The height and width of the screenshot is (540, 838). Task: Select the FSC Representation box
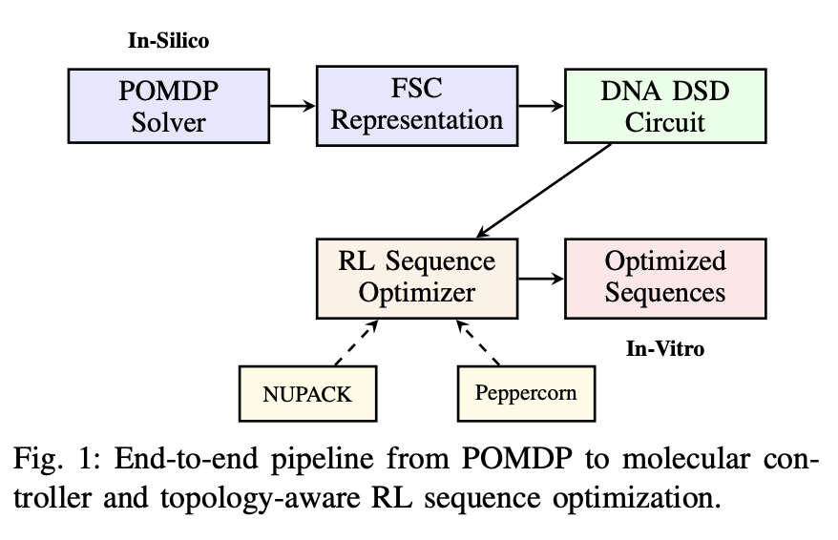[x=416, y=105]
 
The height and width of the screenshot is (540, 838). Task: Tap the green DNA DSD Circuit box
[x=666, y=105]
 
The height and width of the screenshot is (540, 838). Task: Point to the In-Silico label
[x=168, y=41]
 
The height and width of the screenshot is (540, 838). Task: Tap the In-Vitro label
[x=665, y=349]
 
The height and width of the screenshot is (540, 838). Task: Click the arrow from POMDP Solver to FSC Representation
[x=292, y=105]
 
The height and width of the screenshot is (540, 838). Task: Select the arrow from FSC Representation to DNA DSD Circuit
[x=540, y=105]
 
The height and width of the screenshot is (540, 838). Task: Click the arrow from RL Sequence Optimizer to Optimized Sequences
[x=540, y=278]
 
